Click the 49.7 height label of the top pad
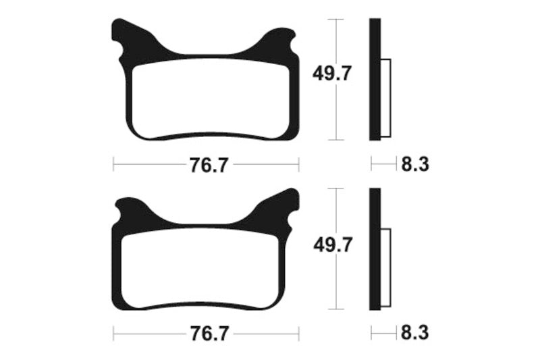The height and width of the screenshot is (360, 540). click(x=331, y=73)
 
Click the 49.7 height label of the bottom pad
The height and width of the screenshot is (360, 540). click(x=331, y=244)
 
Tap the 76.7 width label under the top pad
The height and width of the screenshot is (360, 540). click(x=206, y=165)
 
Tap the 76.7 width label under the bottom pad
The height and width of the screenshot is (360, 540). click(x=206, y=334)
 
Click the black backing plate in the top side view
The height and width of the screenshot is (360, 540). click(x=375, y=80)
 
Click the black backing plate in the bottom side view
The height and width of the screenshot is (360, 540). click(x=375, y=250)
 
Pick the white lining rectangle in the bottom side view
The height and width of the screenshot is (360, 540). click(x=385, y=269)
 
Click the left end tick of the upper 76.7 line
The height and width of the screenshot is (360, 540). click(x=113, y=164)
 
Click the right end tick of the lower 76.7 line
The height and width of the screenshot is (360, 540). click(x=298, y=333)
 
